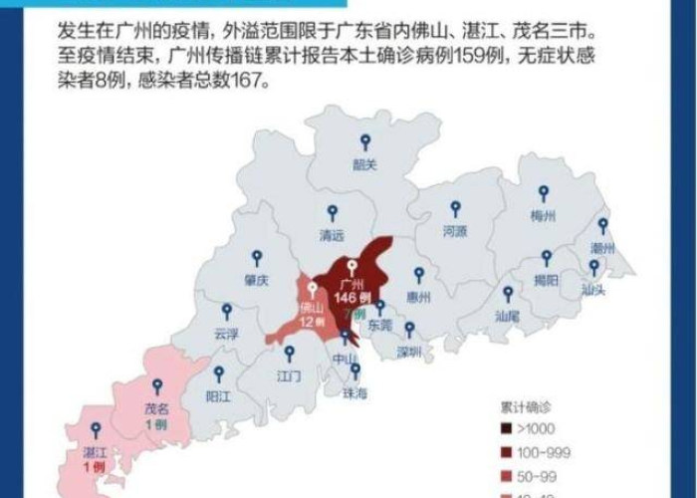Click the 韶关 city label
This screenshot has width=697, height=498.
365,165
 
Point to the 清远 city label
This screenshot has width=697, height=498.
332,236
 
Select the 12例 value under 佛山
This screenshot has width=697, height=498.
313,322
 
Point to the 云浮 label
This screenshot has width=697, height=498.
227,335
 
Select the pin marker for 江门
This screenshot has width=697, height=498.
289,353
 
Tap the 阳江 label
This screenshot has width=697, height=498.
219,394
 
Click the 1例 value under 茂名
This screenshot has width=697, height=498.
154,424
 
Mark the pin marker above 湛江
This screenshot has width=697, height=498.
96,430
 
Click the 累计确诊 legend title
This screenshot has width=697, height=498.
525,408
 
